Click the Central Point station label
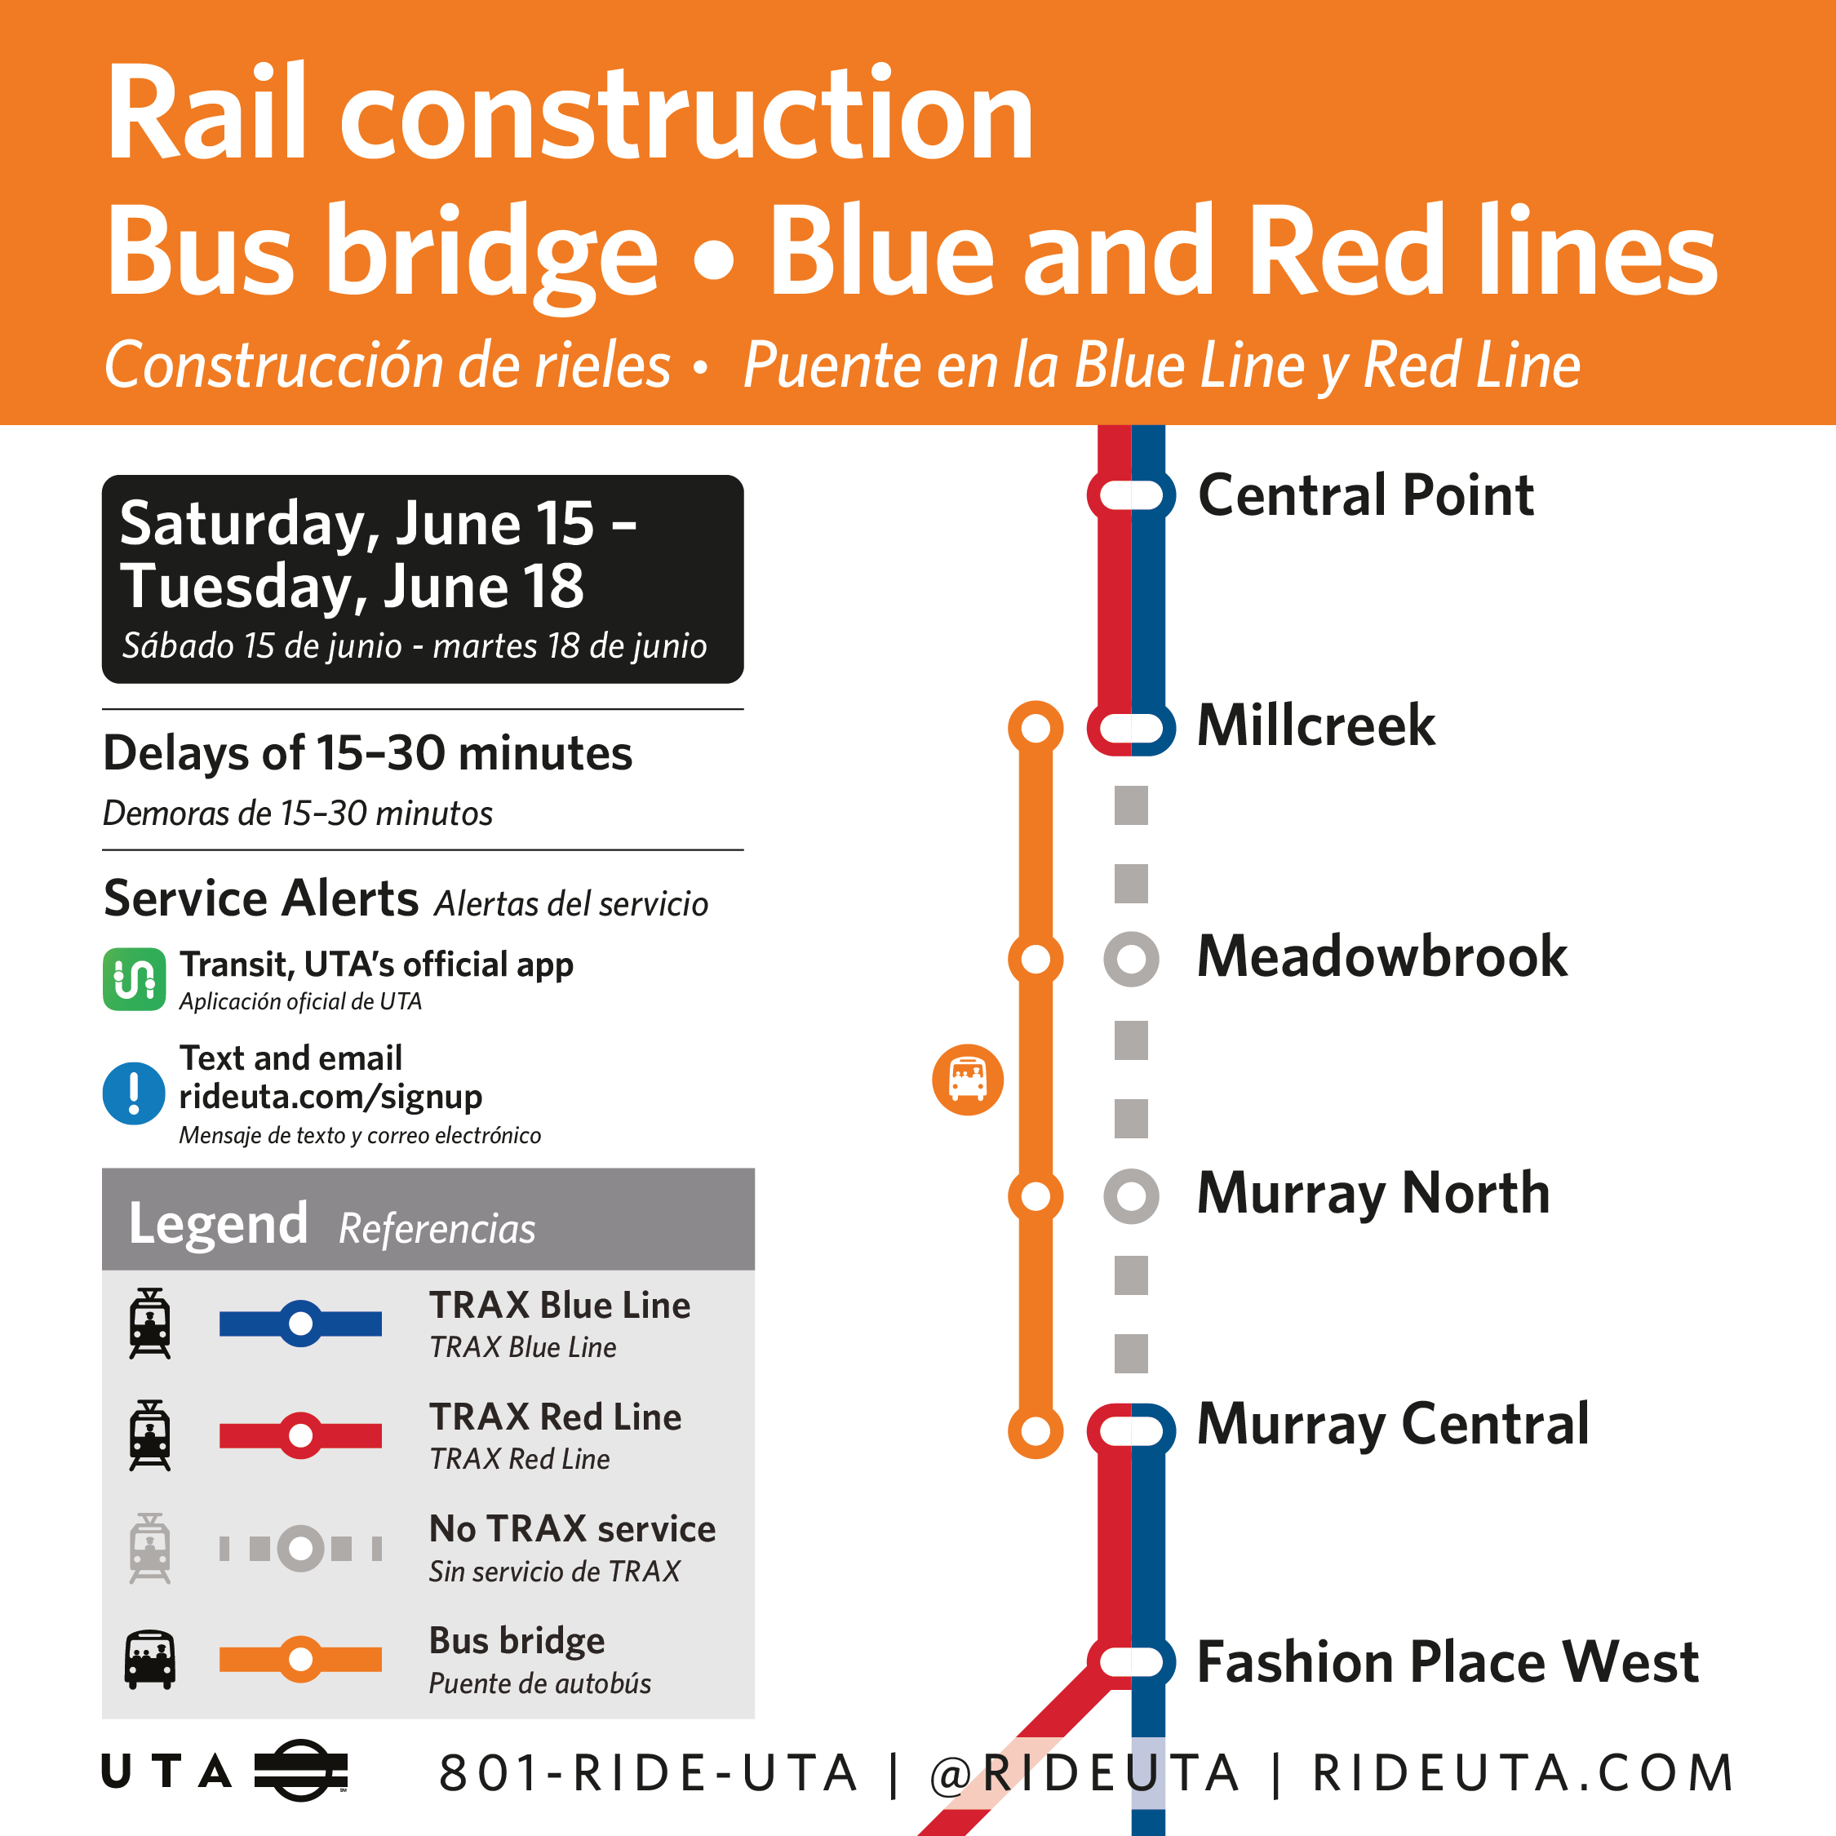point(1366,495)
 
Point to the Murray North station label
point(1373,1194)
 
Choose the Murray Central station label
point(1392,1425)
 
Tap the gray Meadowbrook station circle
point(1131,959)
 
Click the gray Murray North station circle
point(1131,1195)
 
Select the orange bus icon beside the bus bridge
point(968,1080)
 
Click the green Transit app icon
point(134,979)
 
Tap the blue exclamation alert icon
point(134,1093)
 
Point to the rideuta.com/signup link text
point(330,1097)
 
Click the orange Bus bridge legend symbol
point(300,1659)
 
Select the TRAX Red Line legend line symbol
point(300,1435)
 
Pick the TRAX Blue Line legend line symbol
point(300,1323)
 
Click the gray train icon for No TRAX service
point(150,1548)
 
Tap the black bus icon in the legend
point(150,1659)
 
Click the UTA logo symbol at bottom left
point(301,1771)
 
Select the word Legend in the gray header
point(219,1224)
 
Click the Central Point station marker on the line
point(1131,495)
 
